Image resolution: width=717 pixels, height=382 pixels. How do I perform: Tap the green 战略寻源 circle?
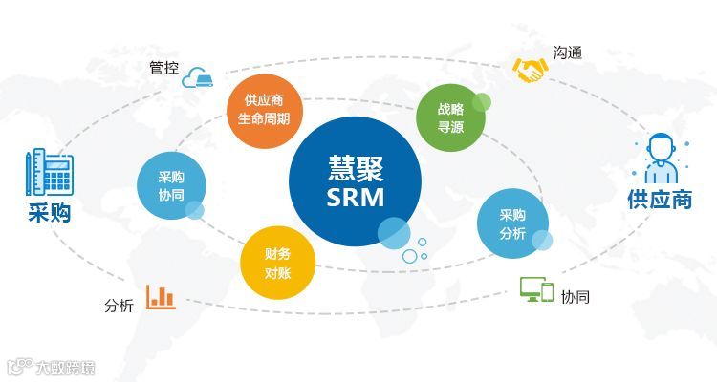450,117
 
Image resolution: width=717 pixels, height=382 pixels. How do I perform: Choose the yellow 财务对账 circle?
278,263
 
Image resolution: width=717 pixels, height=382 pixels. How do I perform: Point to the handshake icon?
528,69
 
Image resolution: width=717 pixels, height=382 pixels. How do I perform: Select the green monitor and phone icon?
536,288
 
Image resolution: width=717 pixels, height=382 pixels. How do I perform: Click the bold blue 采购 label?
49,212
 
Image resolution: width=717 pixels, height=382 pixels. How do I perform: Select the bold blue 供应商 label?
659,200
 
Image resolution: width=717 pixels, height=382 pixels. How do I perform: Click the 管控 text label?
163,68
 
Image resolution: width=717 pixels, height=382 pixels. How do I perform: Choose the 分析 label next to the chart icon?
119,306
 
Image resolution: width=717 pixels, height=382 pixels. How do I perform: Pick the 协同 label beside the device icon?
576,297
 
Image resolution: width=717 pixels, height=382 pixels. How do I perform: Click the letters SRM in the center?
355,199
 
